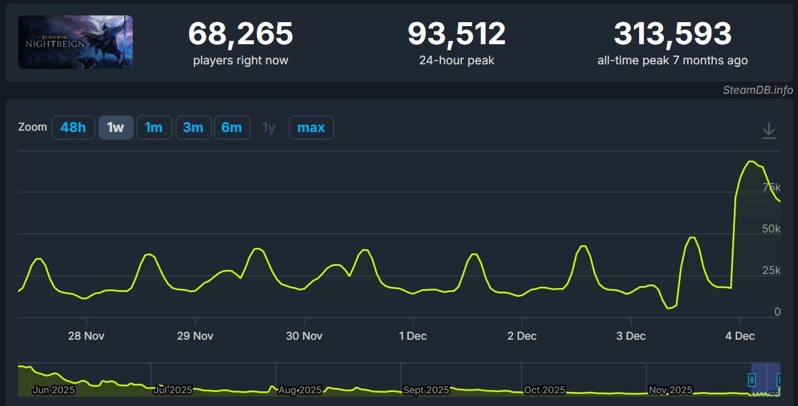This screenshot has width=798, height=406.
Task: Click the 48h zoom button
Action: (x=73, y=127)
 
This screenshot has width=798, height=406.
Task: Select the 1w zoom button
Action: (x=115, y=127)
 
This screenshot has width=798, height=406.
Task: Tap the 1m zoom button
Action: (x=154, y=127)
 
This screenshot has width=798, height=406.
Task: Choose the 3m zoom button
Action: (x=193, y=127)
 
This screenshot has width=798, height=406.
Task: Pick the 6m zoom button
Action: (x=232, y=127)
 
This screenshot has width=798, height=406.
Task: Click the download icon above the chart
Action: (x=769, y=131)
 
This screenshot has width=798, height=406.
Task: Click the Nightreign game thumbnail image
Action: (x=75, y=42)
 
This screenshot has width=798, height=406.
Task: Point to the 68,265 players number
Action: (x=240, y=33)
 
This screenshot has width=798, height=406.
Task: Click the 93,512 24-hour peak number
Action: (x=457, y=33)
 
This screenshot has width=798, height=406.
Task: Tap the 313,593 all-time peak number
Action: (x=673, y=33)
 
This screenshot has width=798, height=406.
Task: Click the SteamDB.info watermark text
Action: (x=758, y=90)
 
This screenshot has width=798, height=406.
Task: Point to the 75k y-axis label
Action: (x=772, y=187)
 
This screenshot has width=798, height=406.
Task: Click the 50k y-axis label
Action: (x=772, y=228)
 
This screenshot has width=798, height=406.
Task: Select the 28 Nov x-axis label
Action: (x=86, y=336)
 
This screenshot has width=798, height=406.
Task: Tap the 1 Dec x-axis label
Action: (x=413, y=336)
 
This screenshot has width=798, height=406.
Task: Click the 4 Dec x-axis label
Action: (x=740, y=336)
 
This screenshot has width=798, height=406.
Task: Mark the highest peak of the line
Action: (x=751, y=161)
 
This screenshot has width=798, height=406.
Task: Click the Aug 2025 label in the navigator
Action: (x=300, y=390)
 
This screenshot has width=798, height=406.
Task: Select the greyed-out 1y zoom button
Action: (x=269, y=127)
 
